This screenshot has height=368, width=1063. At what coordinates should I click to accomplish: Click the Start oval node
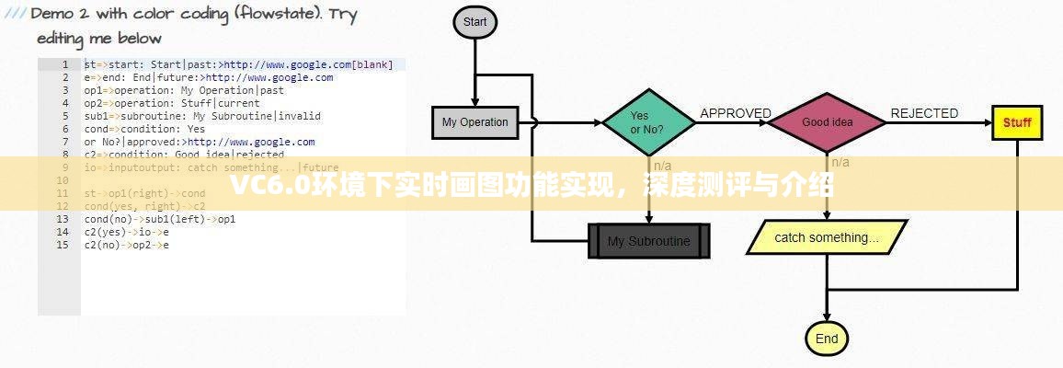474,22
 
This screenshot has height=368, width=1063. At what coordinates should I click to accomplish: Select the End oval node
826,339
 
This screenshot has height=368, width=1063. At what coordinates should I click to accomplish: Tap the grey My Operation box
474,122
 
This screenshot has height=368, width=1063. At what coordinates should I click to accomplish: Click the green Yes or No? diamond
647,122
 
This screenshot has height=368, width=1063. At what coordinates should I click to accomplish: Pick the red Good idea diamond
827,122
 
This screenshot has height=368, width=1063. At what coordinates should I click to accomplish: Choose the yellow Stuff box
1017,122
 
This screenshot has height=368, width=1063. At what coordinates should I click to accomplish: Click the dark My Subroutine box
651,242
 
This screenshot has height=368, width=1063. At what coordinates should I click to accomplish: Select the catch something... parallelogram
826,237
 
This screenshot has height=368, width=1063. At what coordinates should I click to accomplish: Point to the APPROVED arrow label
736,113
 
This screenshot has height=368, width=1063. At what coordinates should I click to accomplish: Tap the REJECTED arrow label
924,113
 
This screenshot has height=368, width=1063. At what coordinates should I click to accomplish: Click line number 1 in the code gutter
65,64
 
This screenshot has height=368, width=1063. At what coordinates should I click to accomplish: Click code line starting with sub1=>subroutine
202,116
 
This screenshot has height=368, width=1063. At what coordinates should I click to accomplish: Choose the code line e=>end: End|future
208,77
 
